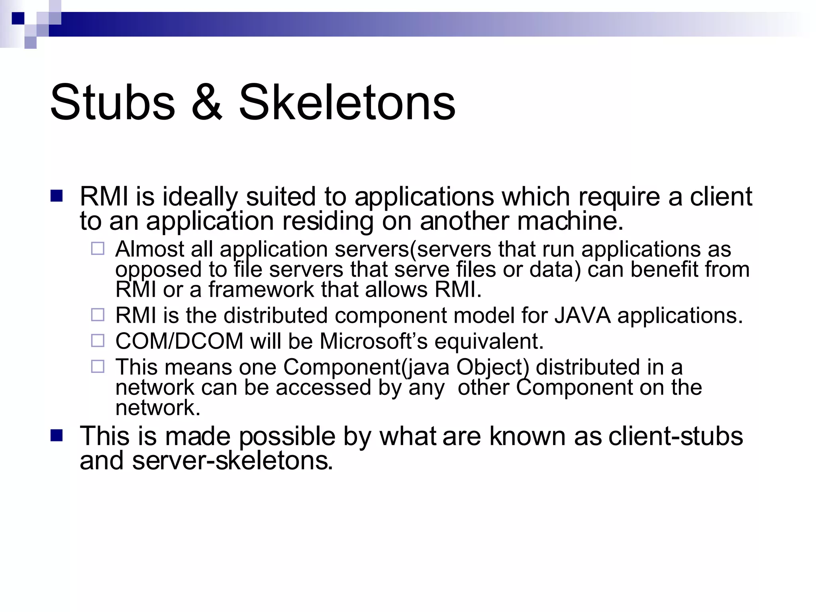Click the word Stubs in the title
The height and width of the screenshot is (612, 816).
point(112,102)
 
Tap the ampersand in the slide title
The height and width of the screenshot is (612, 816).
point(206,102)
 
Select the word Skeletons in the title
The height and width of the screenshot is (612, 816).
point(347,102)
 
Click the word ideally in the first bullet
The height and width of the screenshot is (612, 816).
point(199,197)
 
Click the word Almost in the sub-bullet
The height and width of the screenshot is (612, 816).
point(149,249)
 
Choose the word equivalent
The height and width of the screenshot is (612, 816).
point(488,341)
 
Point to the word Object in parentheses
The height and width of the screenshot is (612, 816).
point(492,367)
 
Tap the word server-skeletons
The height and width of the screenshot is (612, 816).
point(232,461)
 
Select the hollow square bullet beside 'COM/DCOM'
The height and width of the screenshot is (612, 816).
point(98,341)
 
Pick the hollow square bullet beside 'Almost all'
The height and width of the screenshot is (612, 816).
point(98,249)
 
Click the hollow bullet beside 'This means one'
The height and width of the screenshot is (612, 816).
point(98,367)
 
